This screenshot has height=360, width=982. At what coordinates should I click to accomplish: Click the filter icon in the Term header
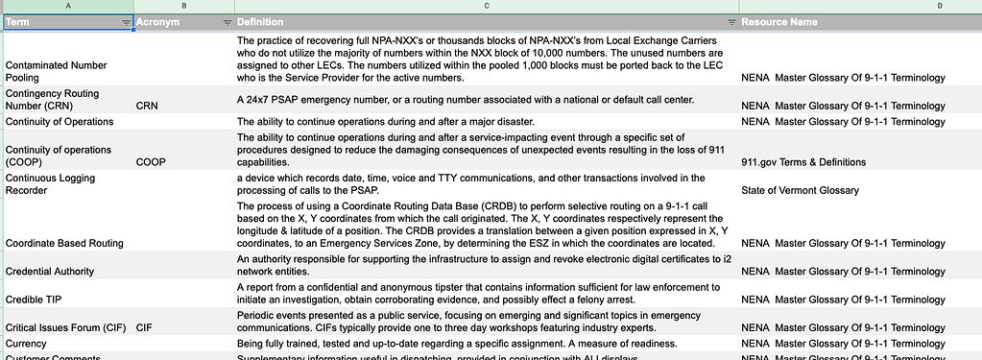click(x=126, y=22)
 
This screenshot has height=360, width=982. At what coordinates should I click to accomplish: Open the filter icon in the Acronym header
click(x=227, y=22)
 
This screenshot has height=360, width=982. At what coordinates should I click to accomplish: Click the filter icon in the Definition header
click(x=731, y=22)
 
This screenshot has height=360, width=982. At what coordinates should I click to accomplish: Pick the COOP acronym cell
click(x=152, y=162)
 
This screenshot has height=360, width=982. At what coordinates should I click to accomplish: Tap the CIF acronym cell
click(x=145, y=327)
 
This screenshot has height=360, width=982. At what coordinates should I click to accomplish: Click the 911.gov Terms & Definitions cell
click(x=803, y=162)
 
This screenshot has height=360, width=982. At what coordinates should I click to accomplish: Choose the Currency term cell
click(x=26, y=344)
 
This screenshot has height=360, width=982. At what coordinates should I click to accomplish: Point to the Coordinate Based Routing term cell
click(x=64, y=244)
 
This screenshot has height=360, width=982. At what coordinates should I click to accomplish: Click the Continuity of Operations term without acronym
click(x=60, y=122)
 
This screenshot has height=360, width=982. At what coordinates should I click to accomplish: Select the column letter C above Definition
click(x=486, y=6)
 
